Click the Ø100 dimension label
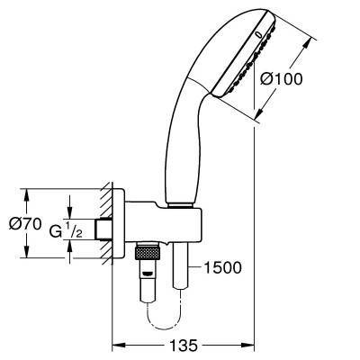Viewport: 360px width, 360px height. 282,79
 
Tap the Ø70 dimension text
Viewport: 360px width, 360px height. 25,224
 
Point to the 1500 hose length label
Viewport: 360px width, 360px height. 222,267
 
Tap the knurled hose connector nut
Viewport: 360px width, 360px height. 147,253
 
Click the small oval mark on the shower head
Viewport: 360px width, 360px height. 259,35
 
